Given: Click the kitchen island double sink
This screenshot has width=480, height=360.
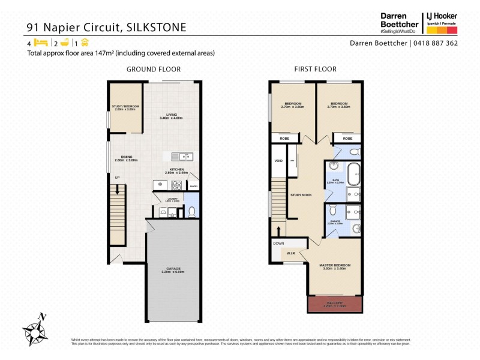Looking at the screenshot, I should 182,157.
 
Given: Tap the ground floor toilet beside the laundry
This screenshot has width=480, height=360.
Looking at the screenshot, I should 191,211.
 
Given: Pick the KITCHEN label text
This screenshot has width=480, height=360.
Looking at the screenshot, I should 176,170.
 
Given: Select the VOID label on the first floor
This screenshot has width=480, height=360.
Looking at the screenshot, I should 278,161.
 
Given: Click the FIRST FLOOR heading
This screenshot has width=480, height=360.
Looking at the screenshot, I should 315,69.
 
